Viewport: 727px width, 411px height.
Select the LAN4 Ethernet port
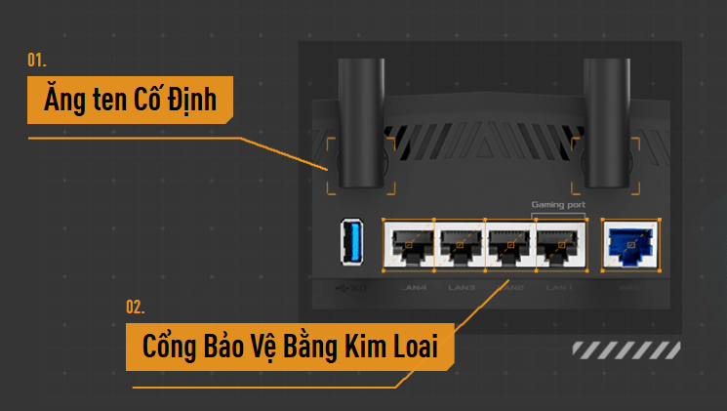(411, 244)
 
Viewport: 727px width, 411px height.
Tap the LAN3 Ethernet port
(461, 244)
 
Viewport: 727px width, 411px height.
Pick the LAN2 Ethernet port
(509, 244)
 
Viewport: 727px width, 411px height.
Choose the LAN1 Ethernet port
(559, 244)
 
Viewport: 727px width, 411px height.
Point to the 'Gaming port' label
(558, 206)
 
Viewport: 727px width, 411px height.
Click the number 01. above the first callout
(37, 61)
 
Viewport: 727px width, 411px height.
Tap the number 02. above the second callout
(136, 308)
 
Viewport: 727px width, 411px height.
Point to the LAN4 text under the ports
(414, 288)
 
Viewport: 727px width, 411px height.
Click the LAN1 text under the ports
(559, 288)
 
